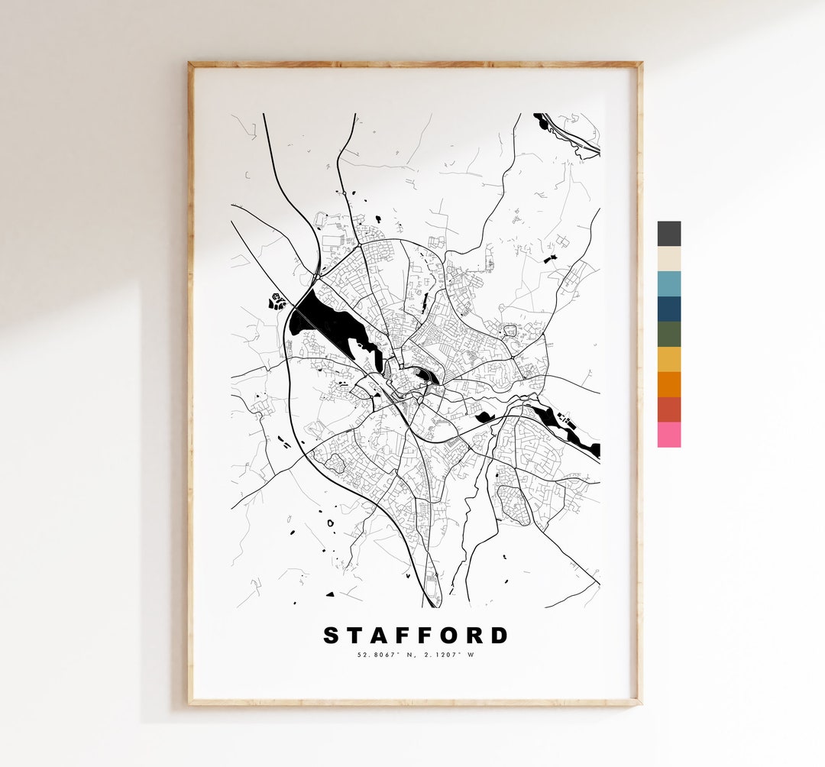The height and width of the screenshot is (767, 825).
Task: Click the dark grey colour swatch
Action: click(x=668, y=234)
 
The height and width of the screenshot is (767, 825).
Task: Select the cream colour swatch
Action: click(x=668, y=259)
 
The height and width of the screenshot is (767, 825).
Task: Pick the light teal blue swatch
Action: click(x=668, y=284)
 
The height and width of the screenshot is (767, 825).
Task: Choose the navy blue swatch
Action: click(x=668, y=309)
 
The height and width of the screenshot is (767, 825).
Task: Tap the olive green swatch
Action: click(x=668, y=335)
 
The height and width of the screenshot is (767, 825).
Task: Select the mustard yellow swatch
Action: click(x=668, y=360)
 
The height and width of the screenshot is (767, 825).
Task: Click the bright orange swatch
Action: click(x=668, y=385)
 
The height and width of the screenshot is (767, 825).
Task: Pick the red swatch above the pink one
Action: click(x=668, y=410)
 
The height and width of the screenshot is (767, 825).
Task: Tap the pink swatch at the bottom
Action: click(x=668, y=435)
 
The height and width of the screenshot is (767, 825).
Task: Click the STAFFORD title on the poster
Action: click(x=416, y=636)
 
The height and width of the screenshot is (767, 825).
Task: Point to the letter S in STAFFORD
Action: click(x=332, y=636)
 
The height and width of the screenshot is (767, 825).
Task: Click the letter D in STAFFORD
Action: click(x=500, y=636)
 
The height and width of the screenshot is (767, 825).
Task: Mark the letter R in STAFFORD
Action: click(x=476, y=636)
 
